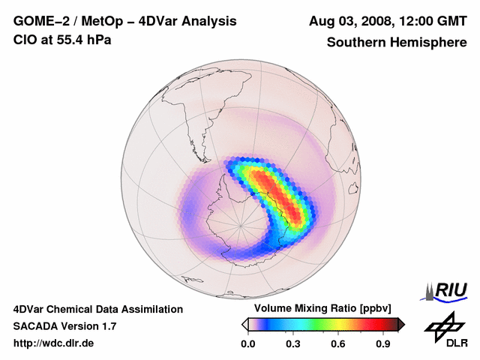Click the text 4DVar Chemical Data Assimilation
[98, 309]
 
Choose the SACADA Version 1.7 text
[64, 326]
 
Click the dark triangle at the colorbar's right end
[401, 324]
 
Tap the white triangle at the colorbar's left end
[244, 324]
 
